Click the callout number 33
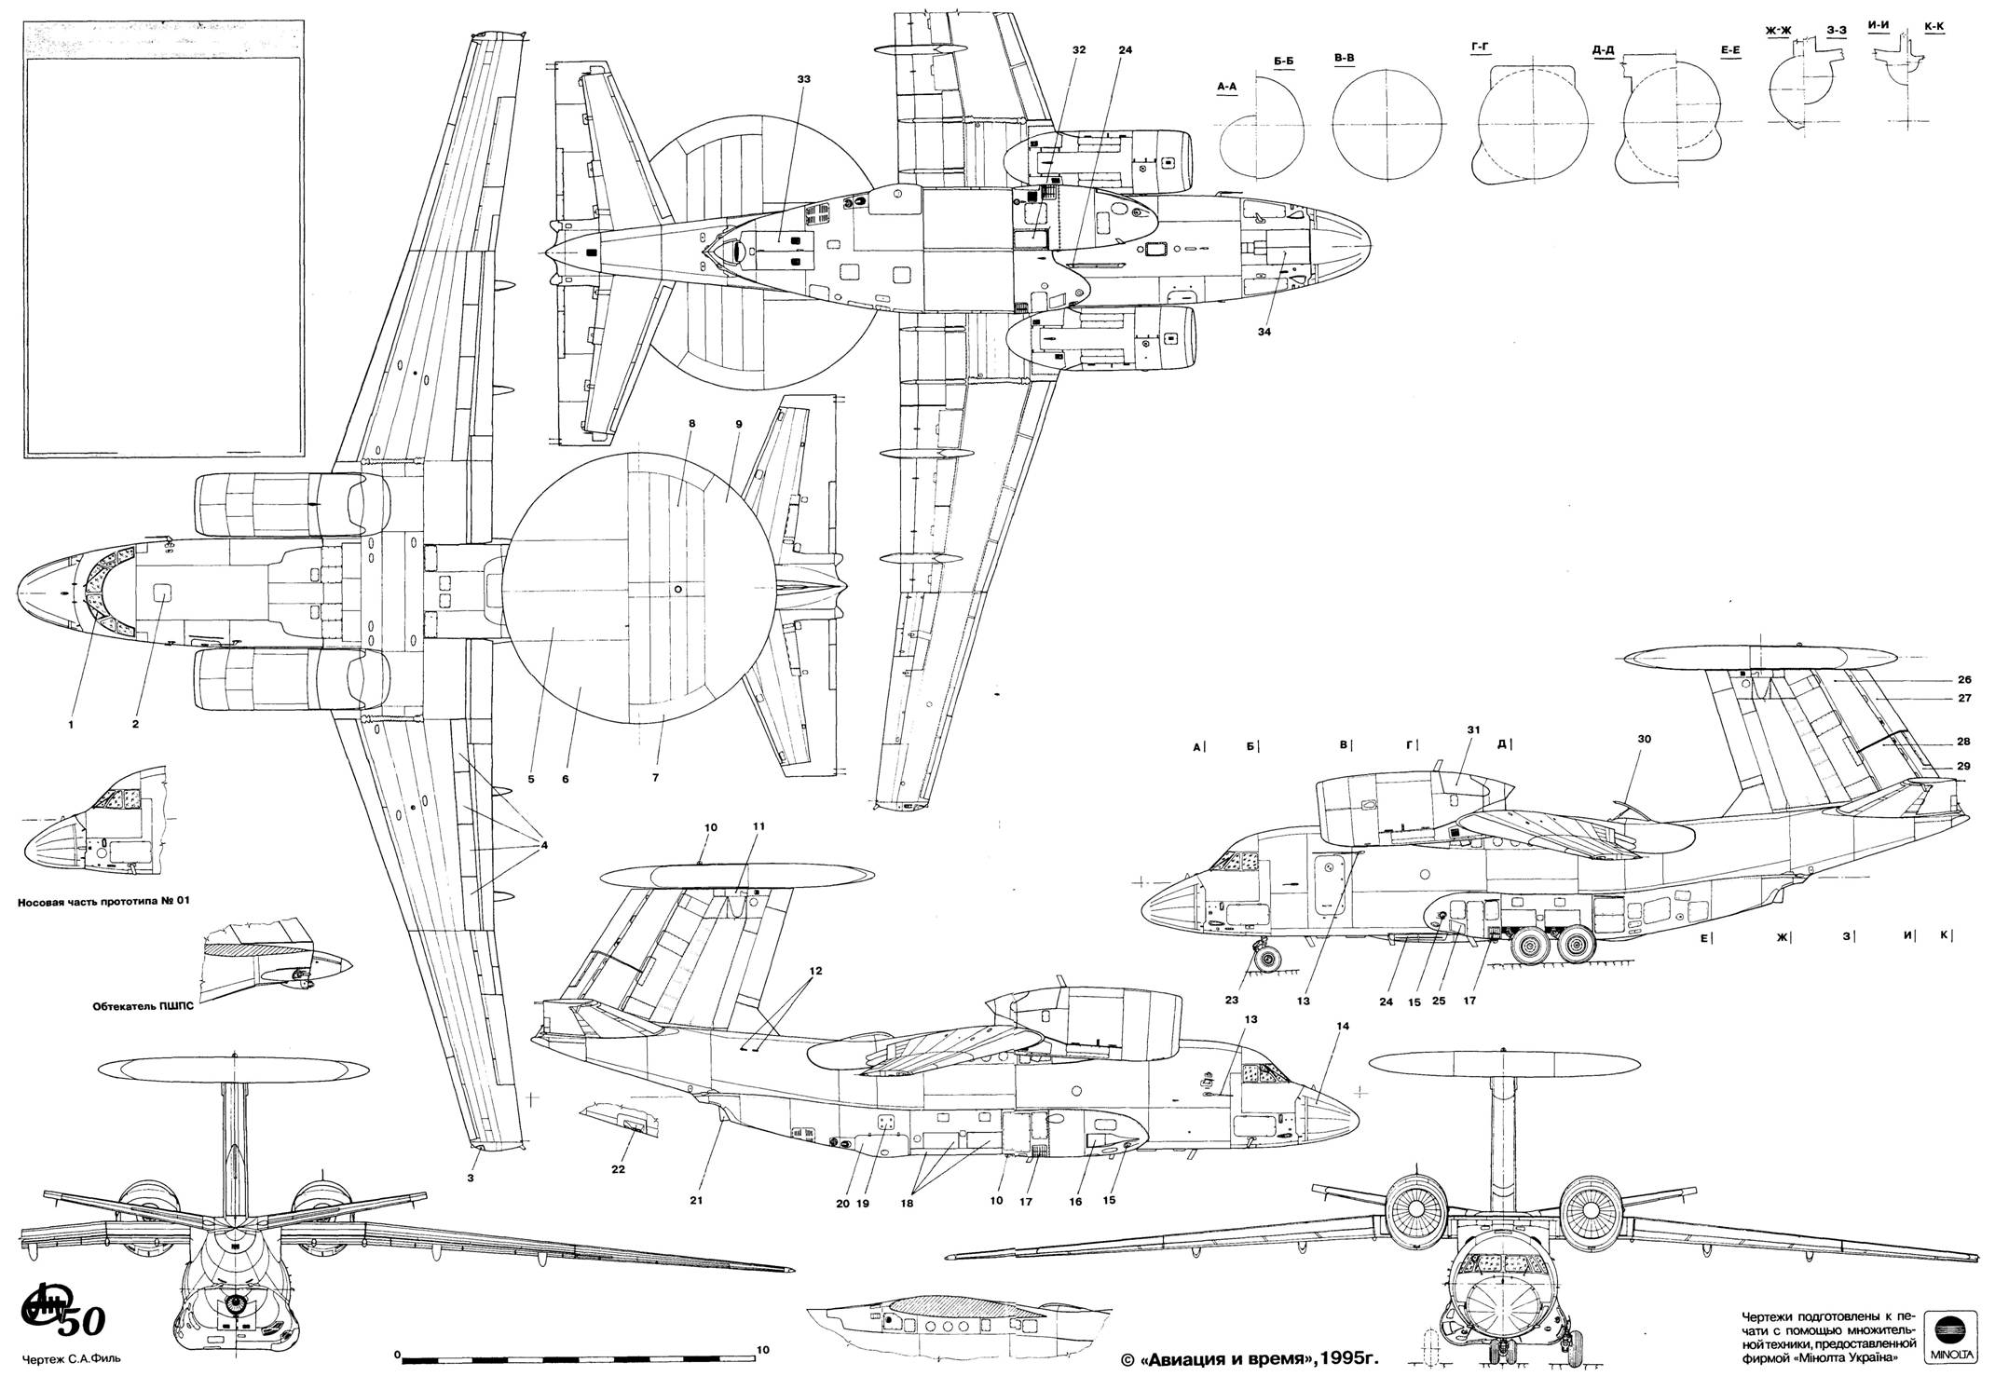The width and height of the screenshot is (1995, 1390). coord(803,80)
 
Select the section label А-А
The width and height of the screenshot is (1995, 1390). coord(1226,87)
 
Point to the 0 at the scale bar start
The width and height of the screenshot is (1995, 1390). coord(397,1353)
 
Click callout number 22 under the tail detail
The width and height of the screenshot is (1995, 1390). coord(618,1168)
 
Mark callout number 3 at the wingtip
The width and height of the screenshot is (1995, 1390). coord(471,1179)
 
